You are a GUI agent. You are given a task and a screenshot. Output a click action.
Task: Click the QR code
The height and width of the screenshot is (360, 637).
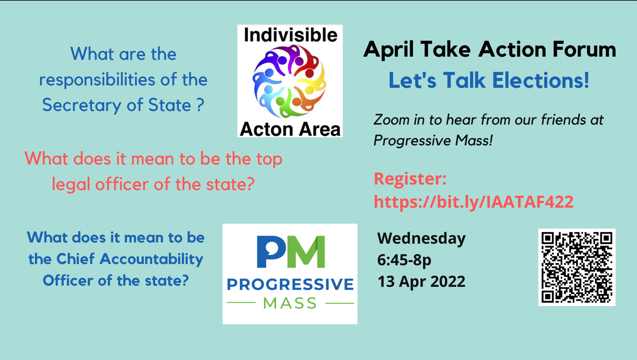tap(577, 267)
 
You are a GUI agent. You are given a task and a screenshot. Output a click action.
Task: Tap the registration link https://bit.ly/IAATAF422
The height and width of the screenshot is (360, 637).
tap(473, 202)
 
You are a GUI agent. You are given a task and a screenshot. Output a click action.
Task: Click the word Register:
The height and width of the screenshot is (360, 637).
tap(410, 179)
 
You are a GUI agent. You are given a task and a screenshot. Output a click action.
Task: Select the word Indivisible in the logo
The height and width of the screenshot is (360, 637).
tap(290, 35)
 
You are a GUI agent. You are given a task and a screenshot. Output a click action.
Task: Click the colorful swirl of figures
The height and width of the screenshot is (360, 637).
tap(289, 81)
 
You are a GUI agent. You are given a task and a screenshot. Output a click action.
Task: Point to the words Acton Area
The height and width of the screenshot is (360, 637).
tap(290, 129)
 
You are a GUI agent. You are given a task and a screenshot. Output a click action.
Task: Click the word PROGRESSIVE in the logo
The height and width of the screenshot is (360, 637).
tap(290, 284)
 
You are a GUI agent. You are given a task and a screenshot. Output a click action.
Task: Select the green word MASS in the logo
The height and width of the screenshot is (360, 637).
tap(290, 303)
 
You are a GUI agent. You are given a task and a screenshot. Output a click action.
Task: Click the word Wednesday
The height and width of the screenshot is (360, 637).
tap(421, 238)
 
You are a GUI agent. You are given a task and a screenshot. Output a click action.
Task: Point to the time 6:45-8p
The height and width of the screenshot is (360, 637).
tap(404, 260)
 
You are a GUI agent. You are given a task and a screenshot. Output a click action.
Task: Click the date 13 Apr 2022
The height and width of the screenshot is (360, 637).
tap(421, 282)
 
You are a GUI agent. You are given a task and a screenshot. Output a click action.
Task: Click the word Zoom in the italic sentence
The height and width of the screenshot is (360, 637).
tap(391, 120)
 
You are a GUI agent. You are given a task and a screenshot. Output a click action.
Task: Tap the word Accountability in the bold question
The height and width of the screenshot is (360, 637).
tap(151, 259)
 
